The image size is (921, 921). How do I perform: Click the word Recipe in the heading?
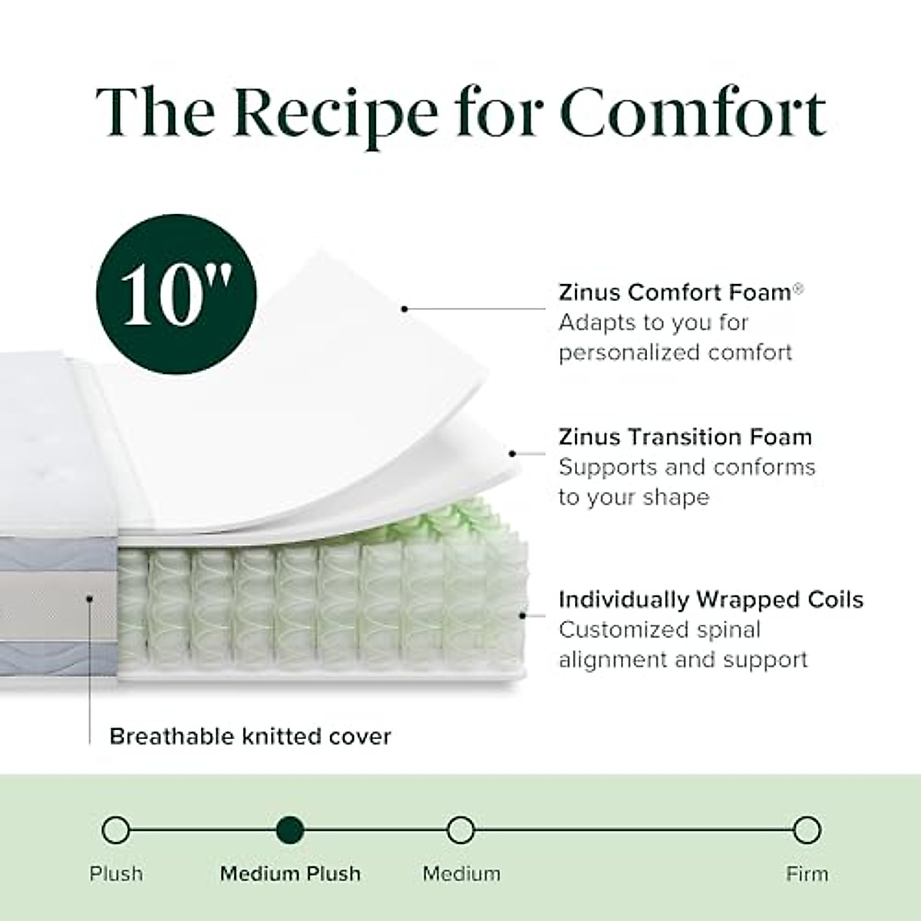click(x=335, y=112)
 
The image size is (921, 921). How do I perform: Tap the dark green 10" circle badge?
click(x=177, y=294)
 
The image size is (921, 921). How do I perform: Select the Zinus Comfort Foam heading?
click(x=675, y=292)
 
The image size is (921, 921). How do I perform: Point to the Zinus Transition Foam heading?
click(x=685, y=437)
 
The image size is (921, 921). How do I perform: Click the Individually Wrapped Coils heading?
click(x=711, y=599)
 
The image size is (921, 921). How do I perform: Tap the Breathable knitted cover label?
click(x=250, y=737)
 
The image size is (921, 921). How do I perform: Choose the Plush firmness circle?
click(x=116, y=830)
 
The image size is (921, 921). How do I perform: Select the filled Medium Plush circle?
click(x=290, y=830)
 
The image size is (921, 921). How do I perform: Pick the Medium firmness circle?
click(x=460, y=830)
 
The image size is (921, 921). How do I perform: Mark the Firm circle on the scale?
click(x=807, y=830)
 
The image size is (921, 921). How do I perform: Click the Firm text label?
click(x=807, y=873)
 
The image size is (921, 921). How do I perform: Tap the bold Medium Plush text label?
click(x=290, y=873)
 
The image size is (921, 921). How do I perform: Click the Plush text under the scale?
click(x=116, y=873)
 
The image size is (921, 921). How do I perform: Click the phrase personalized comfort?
click(x=675, y=352)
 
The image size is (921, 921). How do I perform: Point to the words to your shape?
click(x=633, y=497)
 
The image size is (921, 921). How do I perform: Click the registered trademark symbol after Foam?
click(x=799, y=287)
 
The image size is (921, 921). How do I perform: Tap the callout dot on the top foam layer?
click(x=404, y=309)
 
